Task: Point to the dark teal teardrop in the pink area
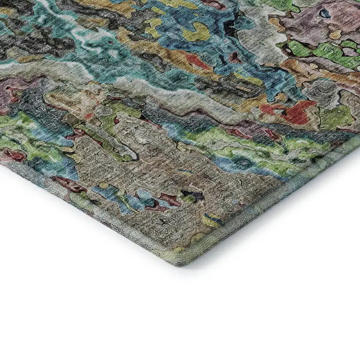pyautogui.click(x=325, y=14)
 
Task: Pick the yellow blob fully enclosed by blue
pyautogui.click(x=196, y=33)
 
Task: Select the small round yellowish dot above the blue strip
pyautogui.click(x=104, y=186)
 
